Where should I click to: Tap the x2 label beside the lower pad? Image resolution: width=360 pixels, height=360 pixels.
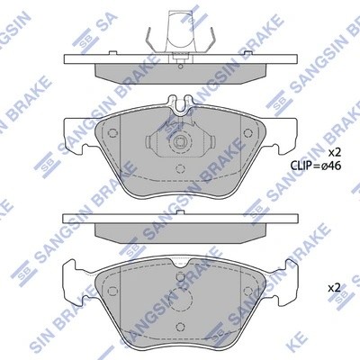tap(334, 287)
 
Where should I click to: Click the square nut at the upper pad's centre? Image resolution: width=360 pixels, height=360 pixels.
tap(180, 141)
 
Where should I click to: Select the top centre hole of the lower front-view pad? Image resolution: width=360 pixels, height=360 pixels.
tap(181, 275)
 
